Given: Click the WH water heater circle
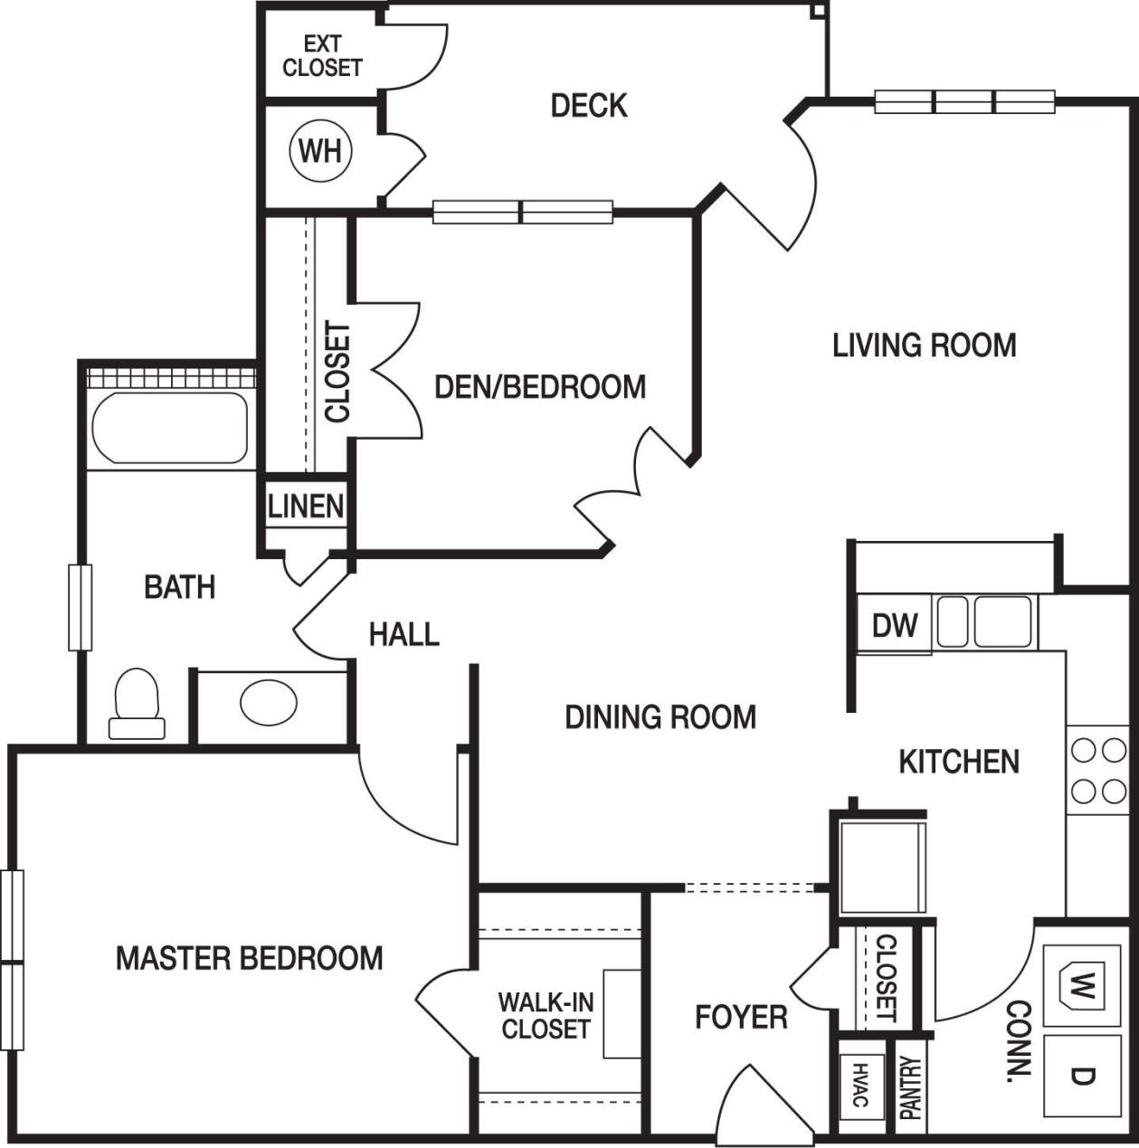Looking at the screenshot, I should (x=320, y=150).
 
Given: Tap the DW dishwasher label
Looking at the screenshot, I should (x=894, y=625).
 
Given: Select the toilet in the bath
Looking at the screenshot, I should (x=137, y=704).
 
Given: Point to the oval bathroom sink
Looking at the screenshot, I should (x=269, y=702).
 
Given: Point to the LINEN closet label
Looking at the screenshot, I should (x=306, y=507).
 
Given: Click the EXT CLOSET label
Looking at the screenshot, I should (x=322, y=56).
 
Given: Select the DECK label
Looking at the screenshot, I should (x=589, y=106).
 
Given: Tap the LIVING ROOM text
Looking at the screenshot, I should (x=924, y=346).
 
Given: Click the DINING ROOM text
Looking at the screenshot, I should (x=660, y=717).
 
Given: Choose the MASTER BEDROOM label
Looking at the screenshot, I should (x=250, y=958).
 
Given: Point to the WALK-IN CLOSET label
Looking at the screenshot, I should (x=546, y=1015).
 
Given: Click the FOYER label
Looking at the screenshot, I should (x=741, y=1017).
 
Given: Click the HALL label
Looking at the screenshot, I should (x=403, y=634).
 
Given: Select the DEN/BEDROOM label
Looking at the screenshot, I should (x=540, y=387).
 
